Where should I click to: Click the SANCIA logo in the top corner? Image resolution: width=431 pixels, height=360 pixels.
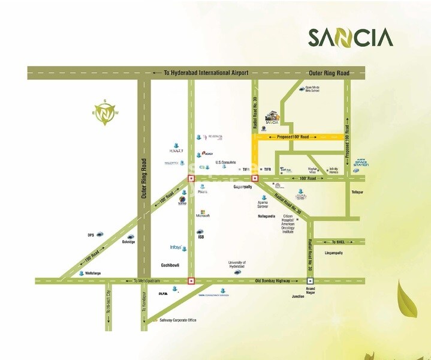351,37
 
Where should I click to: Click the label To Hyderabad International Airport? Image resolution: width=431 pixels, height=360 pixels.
206,73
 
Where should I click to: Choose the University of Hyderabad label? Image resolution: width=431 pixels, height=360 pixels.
237,265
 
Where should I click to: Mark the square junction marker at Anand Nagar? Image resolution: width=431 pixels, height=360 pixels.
310,281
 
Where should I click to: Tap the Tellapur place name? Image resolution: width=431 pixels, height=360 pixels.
358,192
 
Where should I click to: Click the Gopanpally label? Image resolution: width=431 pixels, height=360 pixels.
244,187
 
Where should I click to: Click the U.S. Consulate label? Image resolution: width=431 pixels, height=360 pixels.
226,162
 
